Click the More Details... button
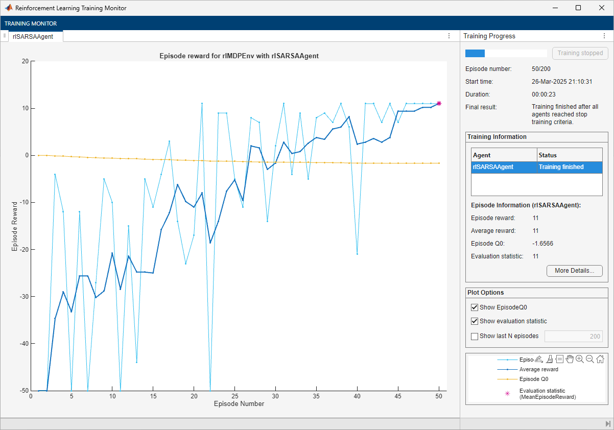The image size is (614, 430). (574, 271)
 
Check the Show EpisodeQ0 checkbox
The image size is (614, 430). (475, 307)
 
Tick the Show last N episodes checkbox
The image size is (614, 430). (475, 336)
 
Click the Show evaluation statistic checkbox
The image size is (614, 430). (475, 321)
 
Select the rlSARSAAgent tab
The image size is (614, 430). (33, 36)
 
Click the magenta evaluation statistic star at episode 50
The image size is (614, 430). (439, 103)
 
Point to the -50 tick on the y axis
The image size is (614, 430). (23, 391)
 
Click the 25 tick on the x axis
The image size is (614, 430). (234, 396)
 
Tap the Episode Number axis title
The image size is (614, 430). (239, 404)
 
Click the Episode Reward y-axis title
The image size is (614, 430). (15, 226)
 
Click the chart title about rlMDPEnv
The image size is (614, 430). (239, 56)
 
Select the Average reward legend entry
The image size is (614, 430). (538, 369)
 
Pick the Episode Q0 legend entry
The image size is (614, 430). (533, 379)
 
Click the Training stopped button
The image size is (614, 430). (580, 53)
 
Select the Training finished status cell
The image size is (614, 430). (561, 167)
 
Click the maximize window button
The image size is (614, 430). (578, 8)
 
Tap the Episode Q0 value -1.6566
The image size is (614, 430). (542, 244)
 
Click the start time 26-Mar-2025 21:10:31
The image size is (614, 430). (561, 82)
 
